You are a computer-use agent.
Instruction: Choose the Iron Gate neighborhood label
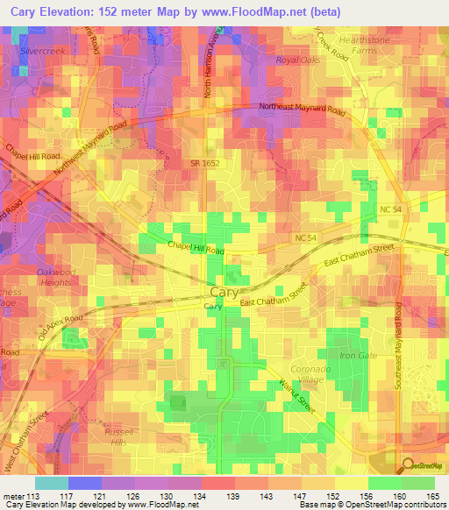pyautogui.click(x=357, y=356)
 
